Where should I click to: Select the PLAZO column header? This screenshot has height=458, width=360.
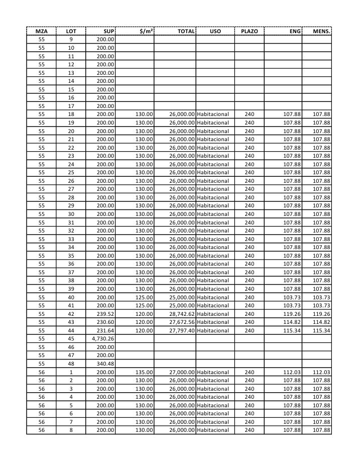click(x=250, y=31)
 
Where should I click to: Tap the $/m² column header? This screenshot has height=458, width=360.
click(x=146, y=31)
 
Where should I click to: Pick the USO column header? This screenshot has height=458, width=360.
click(x=215, y=31)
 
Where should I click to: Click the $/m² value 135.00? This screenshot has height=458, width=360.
click(x=144, y=372)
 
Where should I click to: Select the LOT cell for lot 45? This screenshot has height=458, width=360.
click(x=71, y=338)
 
